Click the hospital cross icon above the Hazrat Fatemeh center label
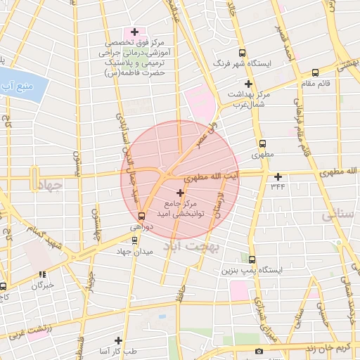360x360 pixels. click(134, 32)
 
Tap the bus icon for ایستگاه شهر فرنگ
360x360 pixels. click(243, 52)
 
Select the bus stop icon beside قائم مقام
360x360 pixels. click(314, 72)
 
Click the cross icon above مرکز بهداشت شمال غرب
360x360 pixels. click(248, 84)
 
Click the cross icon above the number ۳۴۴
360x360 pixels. click(278, 176)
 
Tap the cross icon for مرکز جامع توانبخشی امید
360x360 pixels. click(180, 192)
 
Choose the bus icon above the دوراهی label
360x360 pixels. click(142, 216)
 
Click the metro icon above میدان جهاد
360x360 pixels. click(135, 240)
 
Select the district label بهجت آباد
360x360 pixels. click(192, 247)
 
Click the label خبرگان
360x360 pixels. click(43, 285)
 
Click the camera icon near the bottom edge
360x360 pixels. click(259, 351)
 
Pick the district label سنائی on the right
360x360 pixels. click(335, 217)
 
